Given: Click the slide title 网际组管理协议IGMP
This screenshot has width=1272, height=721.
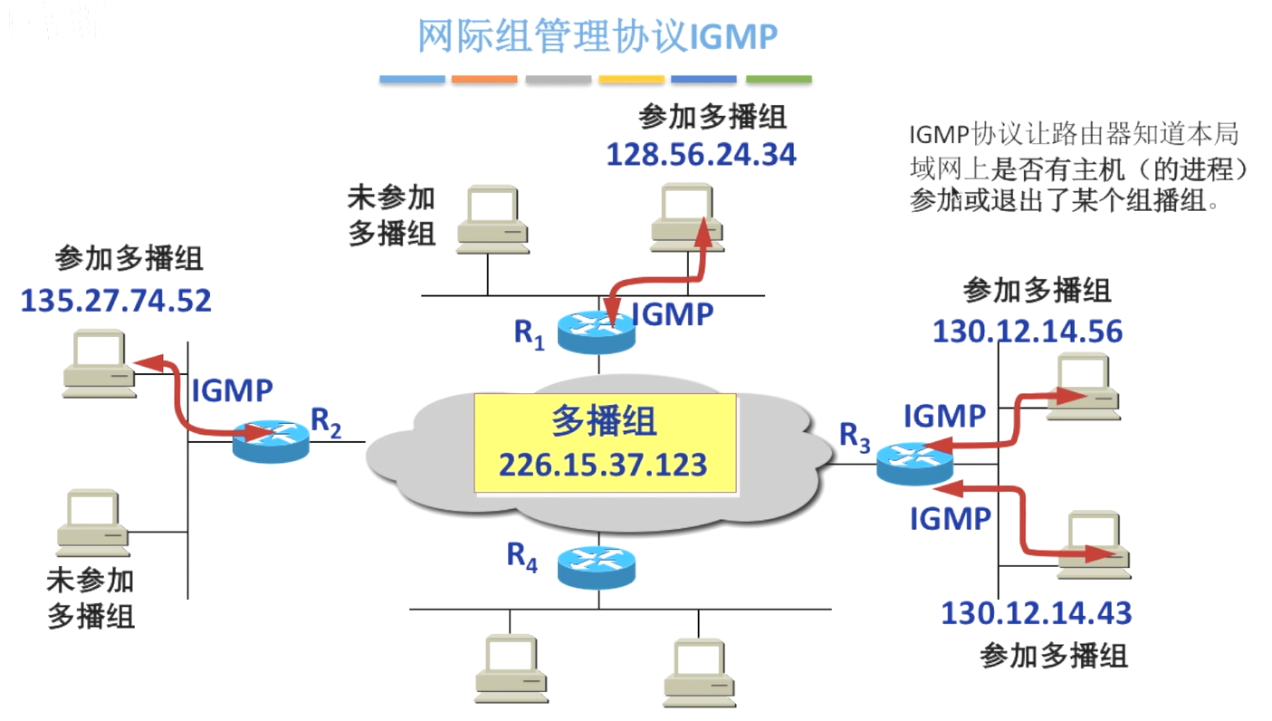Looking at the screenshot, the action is click(598, 36).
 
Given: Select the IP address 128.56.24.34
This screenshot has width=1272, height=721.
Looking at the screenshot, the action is click(702, 155).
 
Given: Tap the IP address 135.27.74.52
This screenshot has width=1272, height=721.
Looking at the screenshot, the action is click(116, 301).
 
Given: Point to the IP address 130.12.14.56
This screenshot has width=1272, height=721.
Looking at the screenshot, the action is click(1028, 332).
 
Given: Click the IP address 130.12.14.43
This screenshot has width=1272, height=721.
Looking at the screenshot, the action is click(1037, 613).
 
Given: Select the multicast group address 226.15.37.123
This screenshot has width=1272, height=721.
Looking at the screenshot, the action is click(603, 465).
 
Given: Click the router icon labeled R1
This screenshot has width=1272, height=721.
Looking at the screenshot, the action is click(597, 333).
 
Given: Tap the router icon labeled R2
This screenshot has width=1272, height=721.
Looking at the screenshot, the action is click(271, 441).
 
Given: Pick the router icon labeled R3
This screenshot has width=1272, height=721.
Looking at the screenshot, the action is click(914, 464).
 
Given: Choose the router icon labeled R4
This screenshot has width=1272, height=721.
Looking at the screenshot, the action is click(597, 568).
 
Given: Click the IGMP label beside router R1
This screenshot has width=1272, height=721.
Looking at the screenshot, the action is click(673, 314).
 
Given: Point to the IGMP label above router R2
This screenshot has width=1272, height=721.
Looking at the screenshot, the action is click(233, 390).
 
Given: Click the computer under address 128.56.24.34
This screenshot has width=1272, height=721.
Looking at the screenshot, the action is click(687, 217).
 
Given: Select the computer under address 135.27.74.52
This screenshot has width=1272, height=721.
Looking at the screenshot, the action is click(100, 363).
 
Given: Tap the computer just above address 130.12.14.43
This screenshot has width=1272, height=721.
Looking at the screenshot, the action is click(1094, 545).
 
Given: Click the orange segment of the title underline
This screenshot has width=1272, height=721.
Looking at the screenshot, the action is click(484, 80).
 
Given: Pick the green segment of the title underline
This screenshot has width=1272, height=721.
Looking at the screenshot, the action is click(779, 80).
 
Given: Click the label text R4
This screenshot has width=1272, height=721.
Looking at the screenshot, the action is click(521, 556).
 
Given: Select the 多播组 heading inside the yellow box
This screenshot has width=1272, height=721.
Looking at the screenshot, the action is click(604, 421).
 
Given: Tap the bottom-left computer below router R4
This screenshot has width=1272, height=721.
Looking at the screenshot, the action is click(512, 668).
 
